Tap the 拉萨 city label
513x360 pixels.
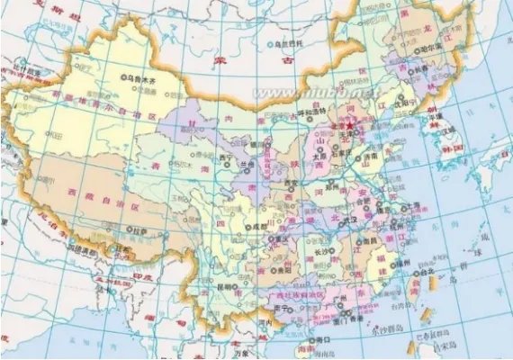[x=138, y=230]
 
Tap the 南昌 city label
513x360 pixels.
[x=369, y=240]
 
